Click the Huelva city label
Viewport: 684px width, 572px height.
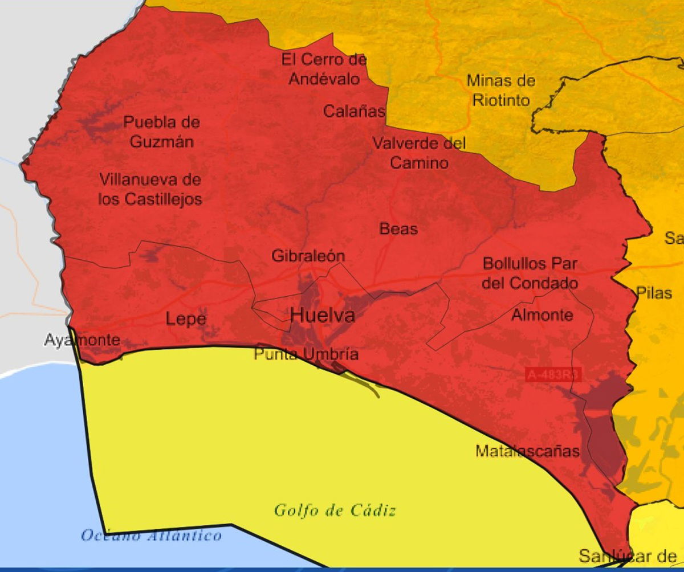(323, 315)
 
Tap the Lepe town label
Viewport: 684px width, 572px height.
(186, 319)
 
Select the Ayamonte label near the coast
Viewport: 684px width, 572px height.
(83, 341)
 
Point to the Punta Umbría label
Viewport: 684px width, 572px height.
(306, 354)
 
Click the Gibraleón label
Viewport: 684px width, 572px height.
(308, 256)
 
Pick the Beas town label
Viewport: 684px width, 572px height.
(398, 229)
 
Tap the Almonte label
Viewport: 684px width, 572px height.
(542, 314)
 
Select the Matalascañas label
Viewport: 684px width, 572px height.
(527, 451)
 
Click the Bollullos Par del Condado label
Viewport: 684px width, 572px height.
(530, 273)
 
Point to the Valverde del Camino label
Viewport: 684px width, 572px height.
(419, 153)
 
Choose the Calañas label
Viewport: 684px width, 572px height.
(354, 111)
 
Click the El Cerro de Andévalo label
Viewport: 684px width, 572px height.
(324, 68)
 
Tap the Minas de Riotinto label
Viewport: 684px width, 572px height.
(501, 90)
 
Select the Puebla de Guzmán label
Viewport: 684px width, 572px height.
(162, 132)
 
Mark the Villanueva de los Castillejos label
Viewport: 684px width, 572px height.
(150, 189)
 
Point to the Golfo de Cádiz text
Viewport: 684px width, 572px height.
(335, 510)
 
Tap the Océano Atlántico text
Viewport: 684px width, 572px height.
(151, 536)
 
